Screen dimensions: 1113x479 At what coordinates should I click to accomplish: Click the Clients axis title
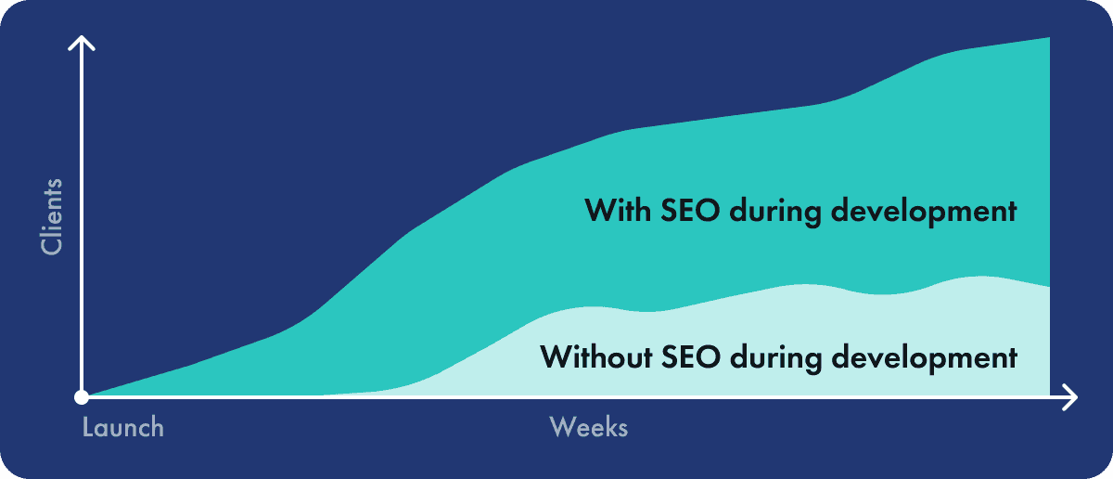(52, 217)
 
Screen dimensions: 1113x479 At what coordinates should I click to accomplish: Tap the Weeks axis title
(589, 427)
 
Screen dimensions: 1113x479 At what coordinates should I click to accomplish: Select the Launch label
(122, 427)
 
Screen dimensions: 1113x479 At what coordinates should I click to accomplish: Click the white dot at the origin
(82, 397)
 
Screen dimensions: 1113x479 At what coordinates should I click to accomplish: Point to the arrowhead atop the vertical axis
(82, 44)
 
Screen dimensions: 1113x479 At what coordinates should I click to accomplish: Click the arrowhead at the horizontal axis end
(1069, 397)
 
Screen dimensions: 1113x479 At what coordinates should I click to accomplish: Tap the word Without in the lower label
(596, 357)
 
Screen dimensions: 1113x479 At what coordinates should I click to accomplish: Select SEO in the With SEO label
(690, 211)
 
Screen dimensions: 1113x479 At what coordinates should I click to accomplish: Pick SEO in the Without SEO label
(691, 357)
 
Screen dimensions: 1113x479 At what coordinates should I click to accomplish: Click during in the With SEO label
(775, 212)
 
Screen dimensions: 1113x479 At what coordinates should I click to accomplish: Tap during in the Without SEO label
(776, 358)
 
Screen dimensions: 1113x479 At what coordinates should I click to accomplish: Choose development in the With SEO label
(924, 212)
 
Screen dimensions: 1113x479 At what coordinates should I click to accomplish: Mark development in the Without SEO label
(924, 358)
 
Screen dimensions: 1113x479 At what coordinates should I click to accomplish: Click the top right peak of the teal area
(1049, 37)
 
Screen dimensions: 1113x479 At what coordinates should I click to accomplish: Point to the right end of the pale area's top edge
(1049, 287)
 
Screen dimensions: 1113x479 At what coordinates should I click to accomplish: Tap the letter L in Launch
(87, 427)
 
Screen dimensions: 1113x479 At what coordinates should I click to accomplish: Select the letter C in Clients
(52, 246)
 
